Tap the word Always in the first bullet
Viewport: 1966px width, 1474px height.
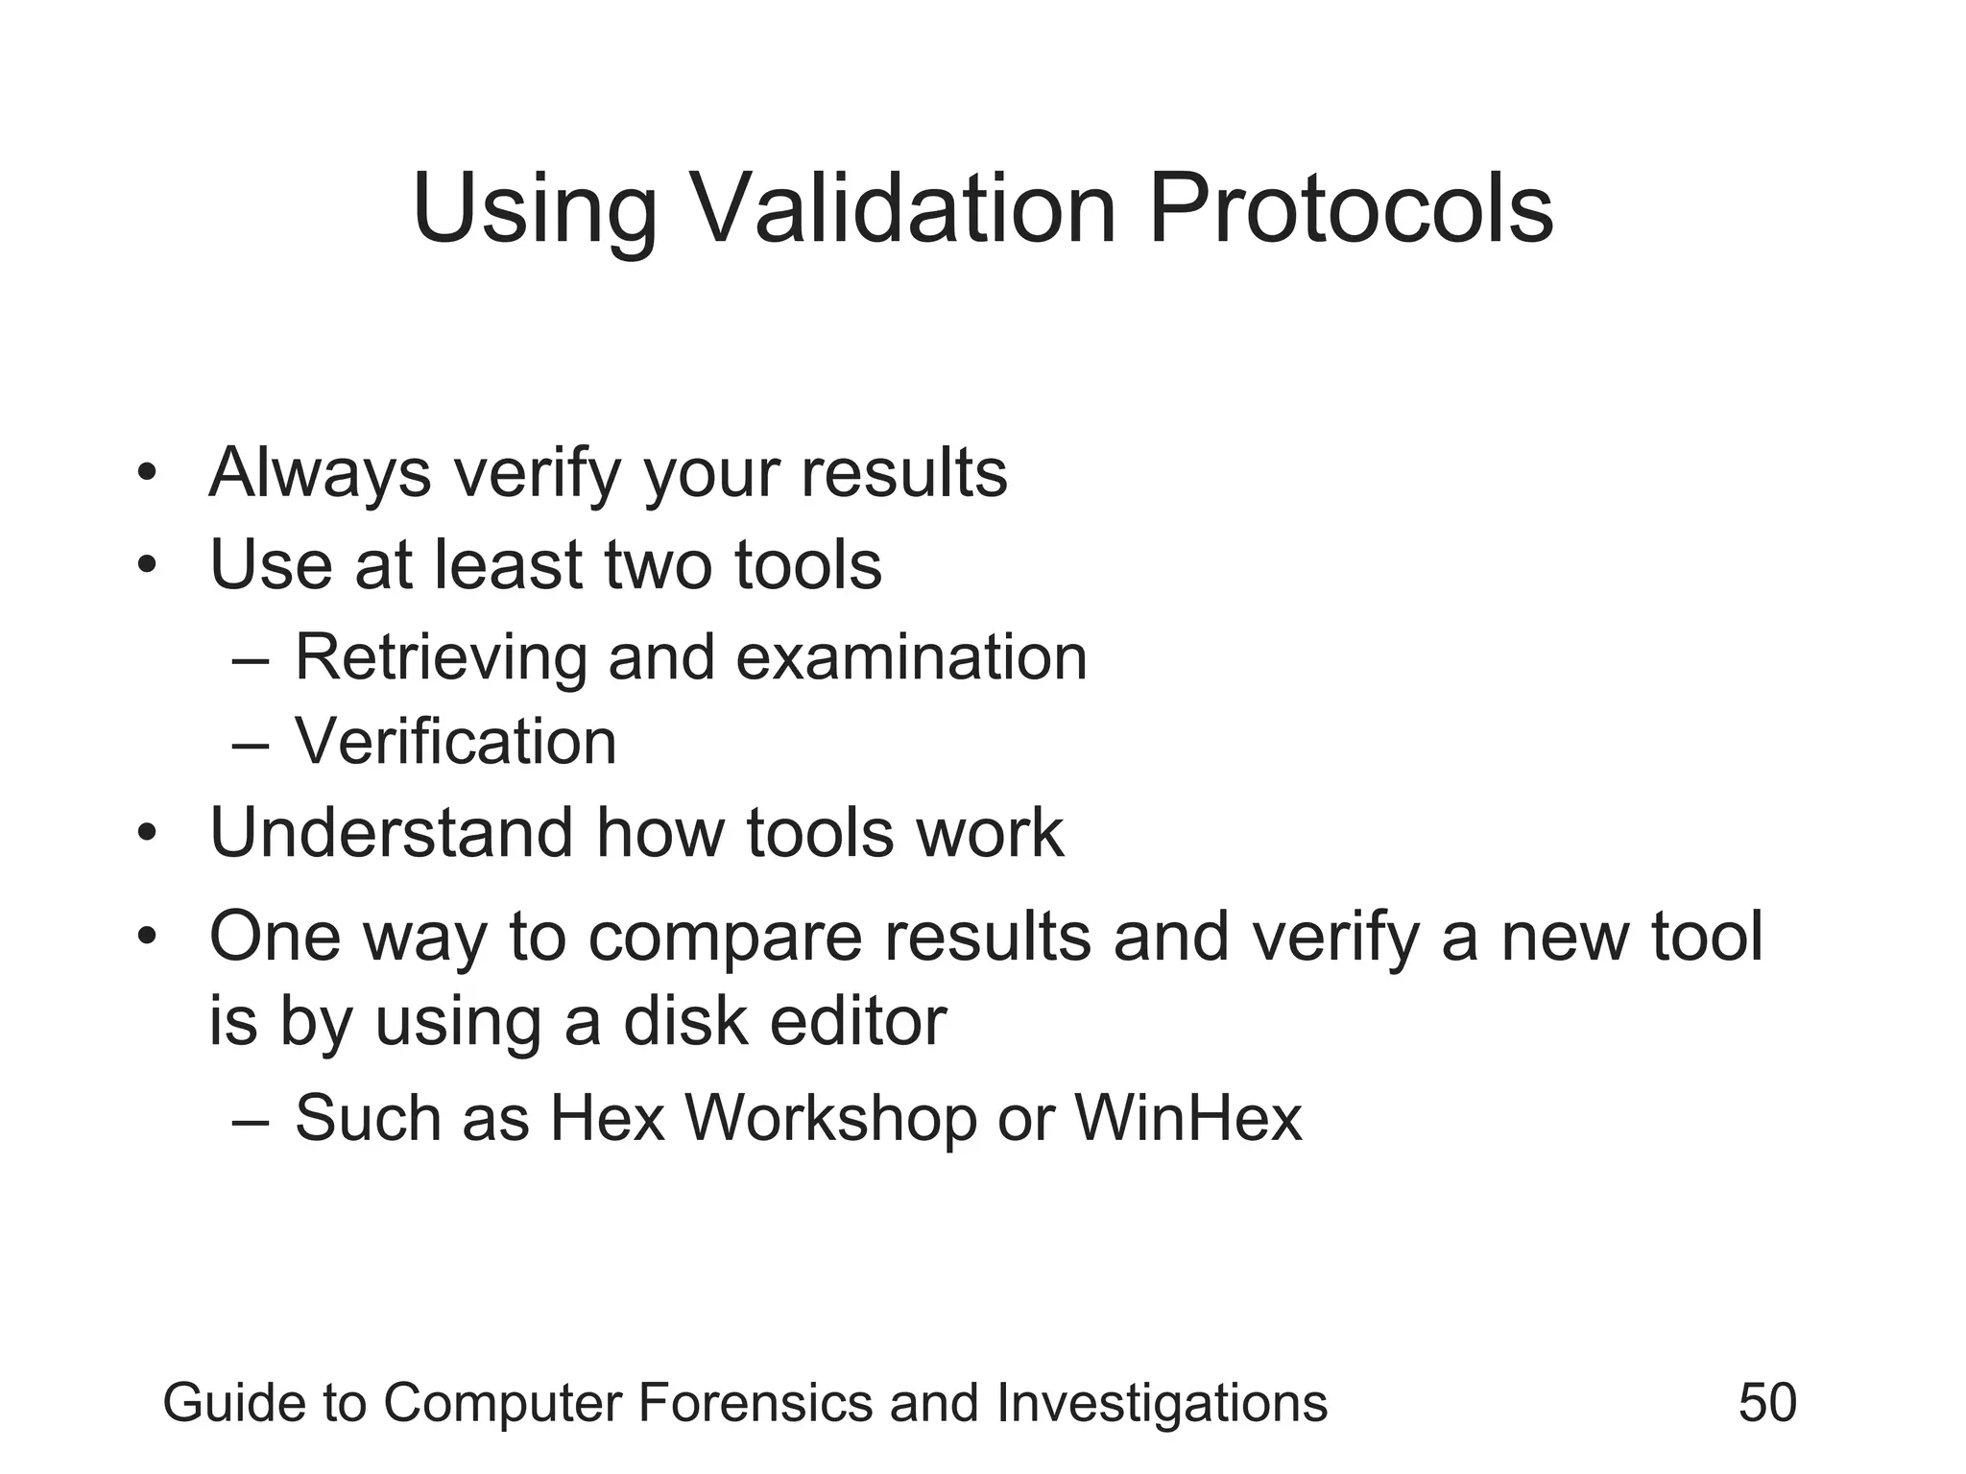point(320,473)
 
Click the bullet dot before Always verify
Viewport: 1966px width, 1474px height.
point(146,473)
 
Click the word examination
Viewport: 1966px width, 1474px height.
point(911,658)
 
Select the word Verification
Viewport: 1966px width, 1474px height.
point(455,742)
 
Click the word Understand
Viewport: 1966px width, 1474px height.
point(391,832)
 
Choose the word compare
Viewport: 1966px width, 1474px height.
point(725,937)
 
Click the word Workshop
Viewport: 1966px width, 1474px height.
point(829,1119)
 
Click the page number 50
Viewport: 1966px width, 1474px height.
point(1767,1402)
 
